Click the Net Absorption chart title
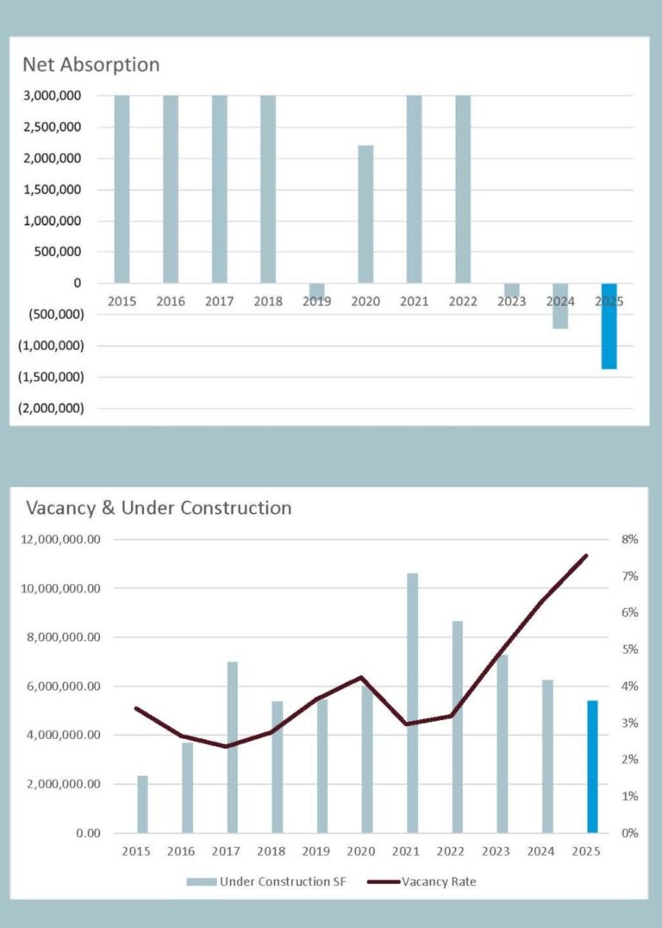[91, 65]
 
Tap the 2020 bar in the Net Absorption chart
[365, 214]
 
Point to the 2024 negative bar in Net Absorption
[560, 306]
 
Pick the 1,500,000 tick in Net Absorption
[53, 190]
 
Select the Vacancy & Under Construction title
[159, 508]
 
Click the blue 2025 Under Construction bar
[592, 767]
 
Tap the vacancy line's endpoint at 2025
[586, 555]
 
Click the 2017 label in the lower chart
[226, 851]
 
